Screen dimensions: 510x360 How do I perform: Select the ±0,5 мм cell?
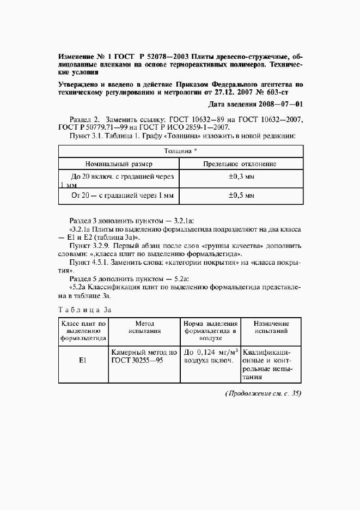[241, 195]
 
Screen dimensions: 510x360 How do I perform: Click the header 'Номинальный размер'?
[119, 163]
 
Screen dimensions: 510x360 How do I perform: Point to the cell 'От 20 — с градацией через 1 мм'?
[119, 195]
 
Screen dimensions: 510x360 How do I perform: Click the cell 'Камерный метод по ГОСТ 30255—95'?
[144, 356]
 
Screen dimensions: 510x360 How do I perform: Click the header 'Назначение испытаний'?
[271, 327]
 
